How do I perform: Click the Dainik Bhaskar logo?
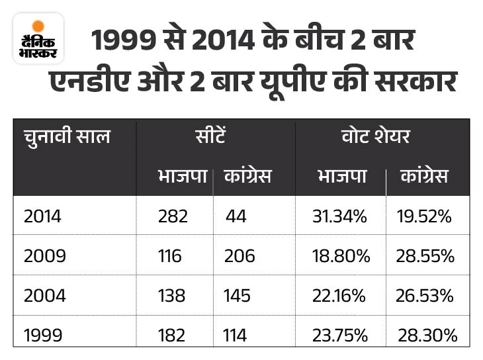[x=38, y=38]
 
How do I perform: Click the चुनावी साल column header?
[x=67, y=138]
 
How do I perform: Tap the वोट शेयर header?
[x=382, y=138]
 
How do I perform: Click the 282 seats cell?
[x=173, y=216]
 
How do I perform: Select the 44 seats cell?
[x=237, y=216]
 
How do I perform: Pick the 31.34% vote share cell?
[x=341, y=216]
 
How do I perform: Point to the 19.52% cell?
[x=424, y=216]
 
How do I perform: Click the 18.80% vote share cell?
[x=341, y=255]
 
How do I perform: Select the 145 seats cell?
[x=238, y=295]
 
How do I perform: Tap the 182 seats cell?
[x=173, y=335]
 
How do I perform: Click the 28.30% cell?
[x=427, y=335]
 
